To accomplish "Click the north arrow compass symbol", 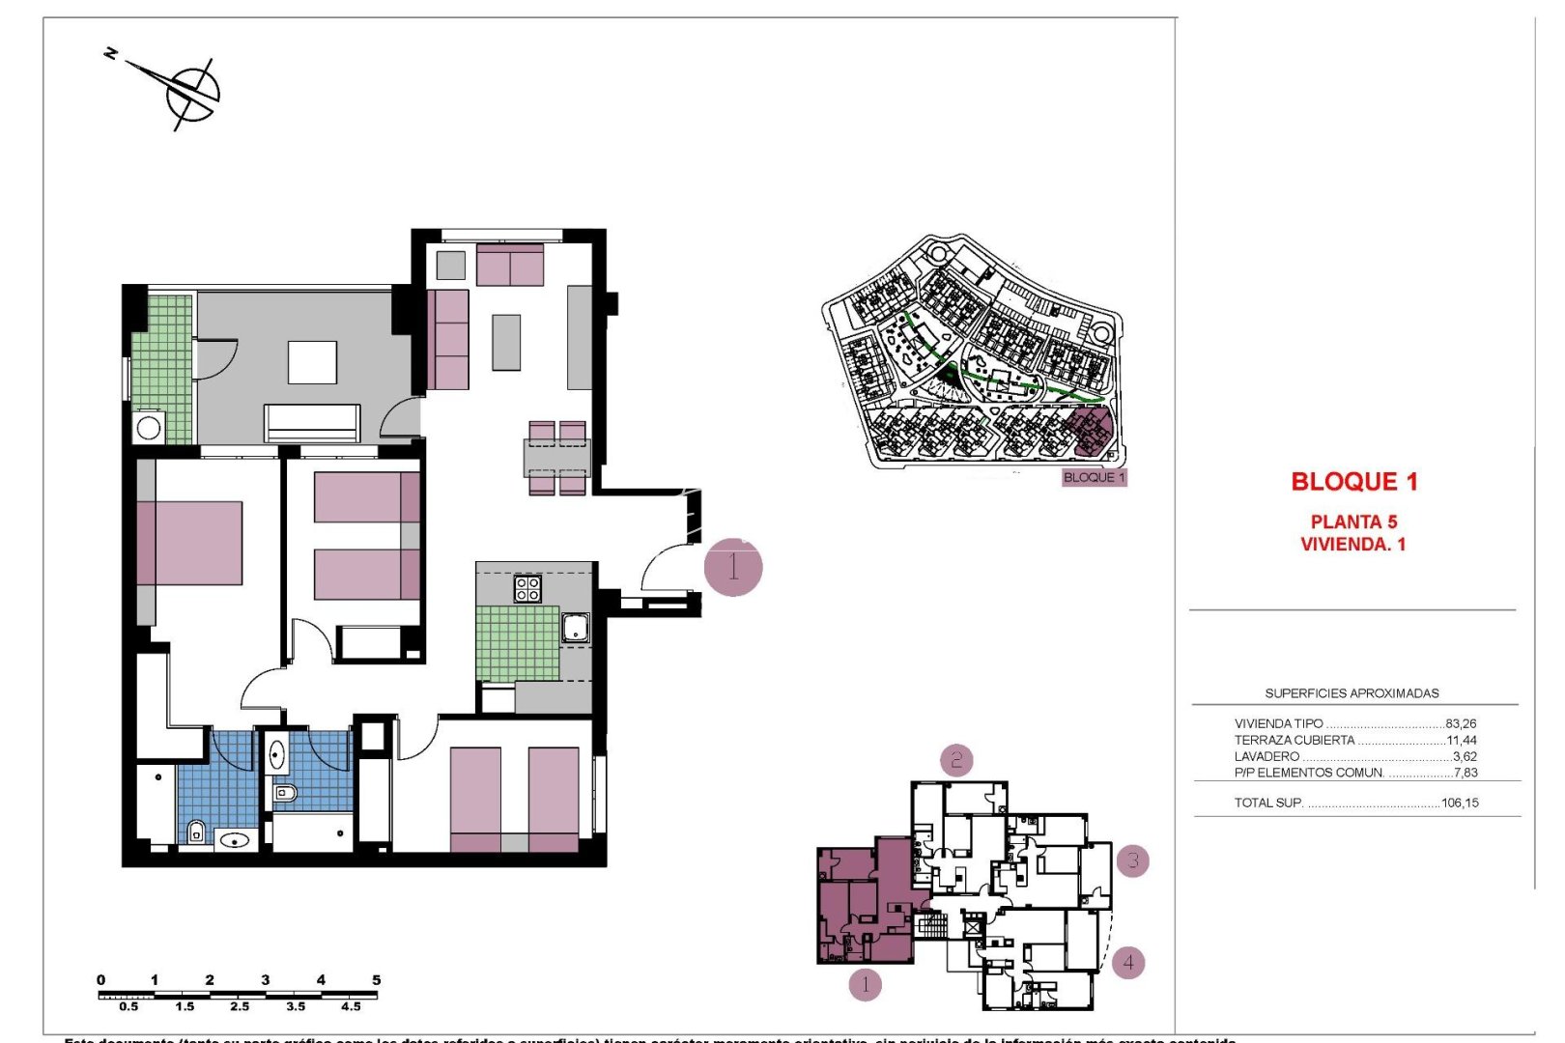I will coord(189,90).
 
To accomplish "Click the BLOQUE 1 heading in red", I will coord(1354,482).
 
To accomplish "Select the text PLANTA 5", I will coord(1353,521).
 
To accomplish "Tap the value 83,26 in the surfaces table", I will coord(1461,723).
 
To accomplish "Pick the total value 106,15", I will coord(1459,803).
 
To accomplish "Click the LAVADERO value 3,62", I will coord(1465,756).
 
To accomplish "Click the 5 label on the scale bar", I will coord(377,980).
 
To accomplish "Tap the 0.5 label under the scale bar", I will coord(128,1006).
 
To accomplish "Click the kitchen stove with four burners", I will coord(527,588).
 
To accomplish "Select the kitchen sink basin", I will coord(576,628).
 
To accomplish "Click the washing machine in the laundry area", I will coord(149,427).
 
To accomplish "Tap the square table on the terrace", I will coord(312,362).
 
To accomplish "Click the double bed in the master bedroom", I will coord(190,543).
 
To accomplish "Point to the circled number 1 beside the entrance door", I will coord(733,567).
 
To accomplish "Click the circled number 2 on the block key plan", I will coord(956,760).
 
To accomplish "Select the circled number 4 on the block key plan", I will coord(1127,963).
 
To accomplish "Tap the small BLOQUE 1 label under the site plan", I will coord(1094,477).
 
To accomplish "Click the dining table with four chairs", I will coord(556,458).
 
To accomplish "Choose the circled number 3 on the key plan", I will coord(1133,860).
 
